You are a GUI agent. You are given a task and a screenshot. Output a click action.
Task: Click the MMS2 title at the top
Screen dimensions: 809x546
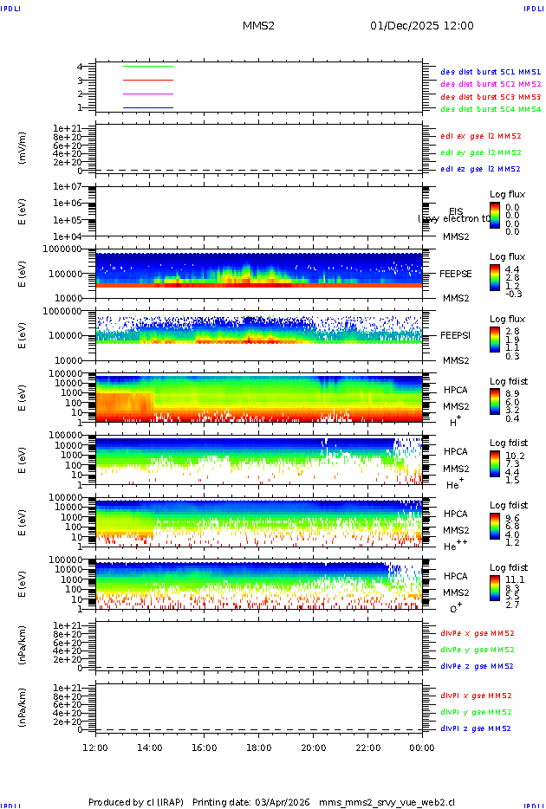[258, 26]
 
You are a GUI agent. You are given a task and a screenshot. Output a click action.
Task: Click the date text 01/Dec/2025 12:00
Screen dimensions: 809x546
[421, 26]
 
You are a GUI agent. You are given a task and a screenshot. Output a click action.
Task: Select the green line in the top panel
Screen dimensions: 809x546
[148, 66]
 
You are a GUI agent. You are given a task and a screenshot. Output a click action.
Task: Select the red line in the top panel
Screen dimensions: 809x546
[148, 80]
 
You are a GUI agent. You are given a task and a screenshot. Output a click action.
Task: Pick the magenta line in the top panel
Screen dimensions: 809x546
[148, 94]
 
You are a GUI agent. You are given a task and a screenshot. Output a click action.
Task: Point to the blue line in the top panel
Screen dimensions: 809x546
[148, 107]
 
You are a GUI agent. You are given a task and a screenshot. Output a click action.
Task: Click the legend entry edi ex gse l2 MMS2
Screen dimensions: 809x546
[481, 136]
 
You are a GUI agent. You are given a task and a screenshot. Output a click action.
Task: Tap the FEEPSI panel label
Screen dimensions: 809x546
[456, 334]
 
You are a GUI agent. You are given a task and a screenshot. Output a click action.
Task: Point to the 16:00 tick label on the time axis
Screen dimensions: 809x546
[205, 748]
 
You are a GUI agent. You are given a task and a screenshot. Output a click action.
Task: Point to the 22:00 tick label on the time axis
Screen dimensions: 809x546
[367, 748]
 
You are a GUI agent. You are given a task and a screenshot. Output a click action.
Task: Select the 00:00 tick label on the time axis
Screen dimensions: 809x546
[422, 748]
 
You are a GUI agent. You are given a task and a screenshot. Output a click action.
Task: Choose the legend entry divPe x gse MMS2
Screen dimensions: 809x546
[477, 633]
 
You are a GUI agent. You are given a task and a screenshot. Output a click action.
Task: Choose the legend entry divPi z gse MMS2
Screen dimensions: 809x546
[477, 728]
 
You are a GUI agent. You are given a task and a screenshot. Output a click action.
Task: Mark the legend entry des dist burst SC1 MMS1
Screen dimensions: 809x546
[491, 72]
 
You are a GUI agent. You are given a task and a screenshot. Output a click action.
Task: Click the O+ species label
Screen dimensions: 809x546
[456, 608]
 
